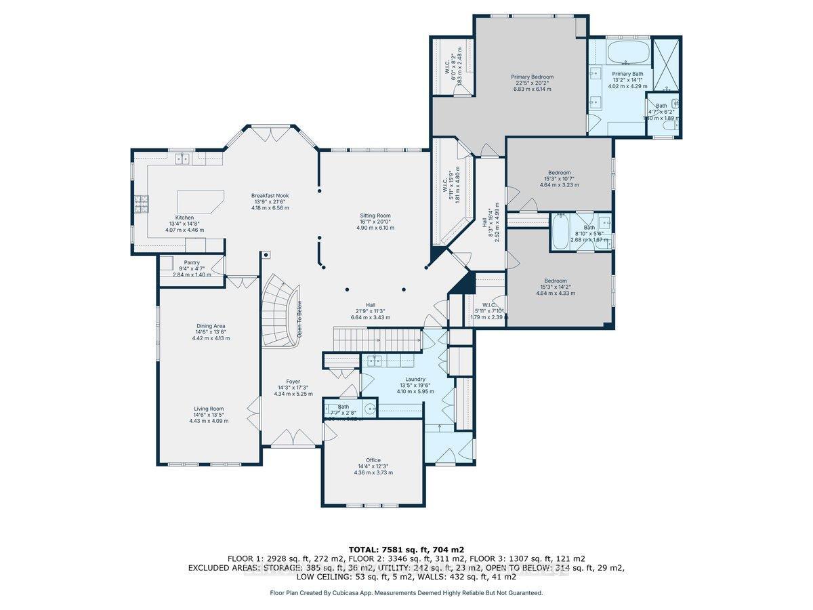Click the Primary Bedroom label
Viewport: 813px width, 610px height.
click(x=532, y=77)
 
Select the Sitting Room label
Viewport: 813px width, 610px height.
click(x=375, y=216)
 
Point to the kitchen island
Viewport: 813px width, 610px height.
click(x=201, y=201)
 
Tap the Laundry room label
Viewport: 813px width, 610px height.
click(x=415, y=380)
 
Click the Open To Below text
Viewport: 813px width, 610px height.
click(x=299, y=319)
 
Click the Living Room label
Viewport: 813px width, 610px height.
click(x=209, y=409)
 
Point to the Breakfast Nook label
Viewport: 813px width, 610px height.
click(x=270, y=195)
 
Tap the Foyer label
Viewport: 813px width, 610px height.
click(x=293, y=382)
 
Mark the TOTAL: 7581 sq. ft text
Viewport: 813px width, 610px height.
click(x=406, y=549)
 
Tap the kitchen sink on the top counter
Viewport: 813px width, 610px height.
click(x=182, y=159)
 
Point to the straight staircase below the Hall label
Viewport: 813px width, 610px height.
click(x=377, y=336)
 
